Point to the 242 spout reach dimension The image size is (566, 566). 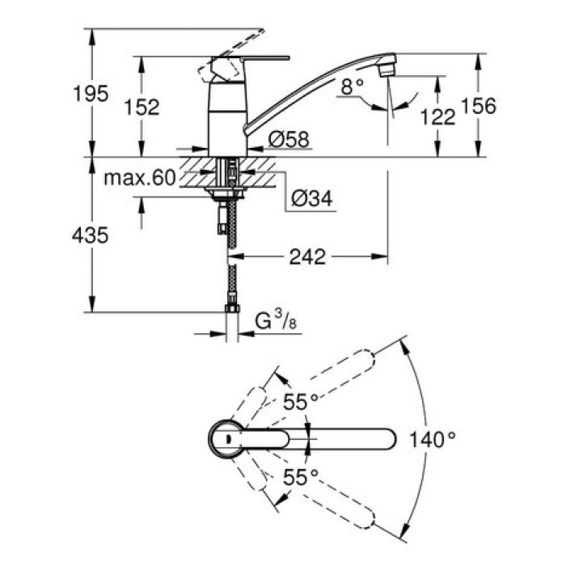click(x=308, y=257)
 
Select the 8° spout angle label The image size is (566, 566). click(x=352, y=87)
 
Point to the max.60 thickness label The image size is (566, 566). click(x=139, y=178)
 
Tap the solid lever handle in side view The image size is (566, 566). click(x=251, y=61)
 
